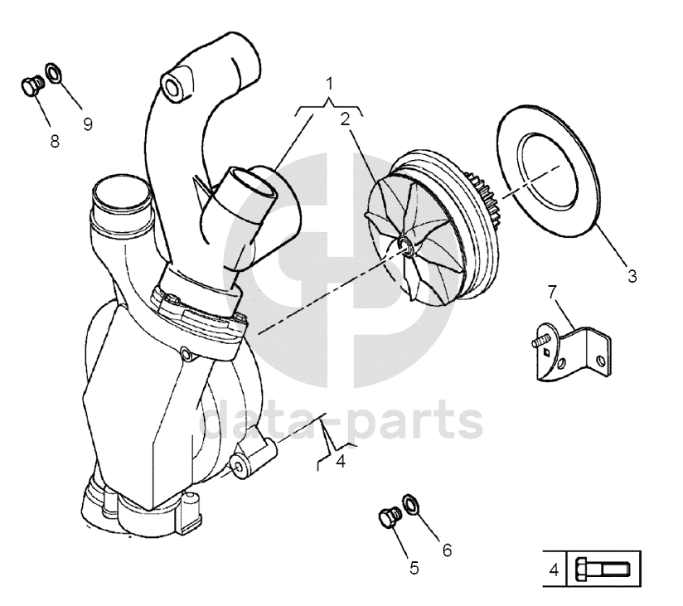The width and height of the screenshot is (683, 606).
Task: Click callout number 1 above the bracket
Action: pyautogui.click(x=329, y=83)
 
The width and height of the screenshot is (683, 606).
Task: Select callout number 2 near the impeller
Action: pyautogui.click(x=346, y=119)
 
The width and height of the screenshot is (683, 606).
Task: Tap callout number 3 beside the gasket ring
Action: pyautogui.click(x=632, y=276)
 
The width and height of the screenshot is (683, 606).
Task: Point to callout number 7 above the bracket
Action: pyautogui.click(x=552, y=292)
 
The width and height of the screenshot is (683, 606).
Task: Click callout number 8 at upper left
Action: pyautogui.click(x=55, y=141)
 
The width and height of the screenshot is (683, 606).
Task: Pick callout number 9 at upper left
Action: pyautogui.click(x=88, y=124)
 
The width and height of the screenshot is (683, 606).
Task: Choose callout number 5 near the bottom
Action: pyautogui.click(x=414, y=568)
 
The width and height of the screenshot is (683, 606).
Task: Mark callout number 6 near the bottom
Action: pyautogui.click(x=448, y=550)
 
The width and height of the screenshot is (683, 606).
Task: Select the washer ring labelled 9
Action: pyautogui.click(x=53, y=73)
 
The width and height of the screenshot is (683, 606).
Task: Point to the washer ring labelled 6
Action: pyautogui.click(x=410, y=504)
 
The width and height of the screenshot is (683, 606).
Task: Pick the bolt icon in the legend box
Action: pyautogui.click(x=603, y=570)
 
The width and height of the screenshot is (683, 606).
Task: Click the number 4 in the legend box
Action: pyautogui.click(x=554, y=570)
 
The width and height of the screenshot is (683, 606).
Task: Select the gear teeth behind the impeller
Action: pyautogui.click(x=484, y=195)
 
